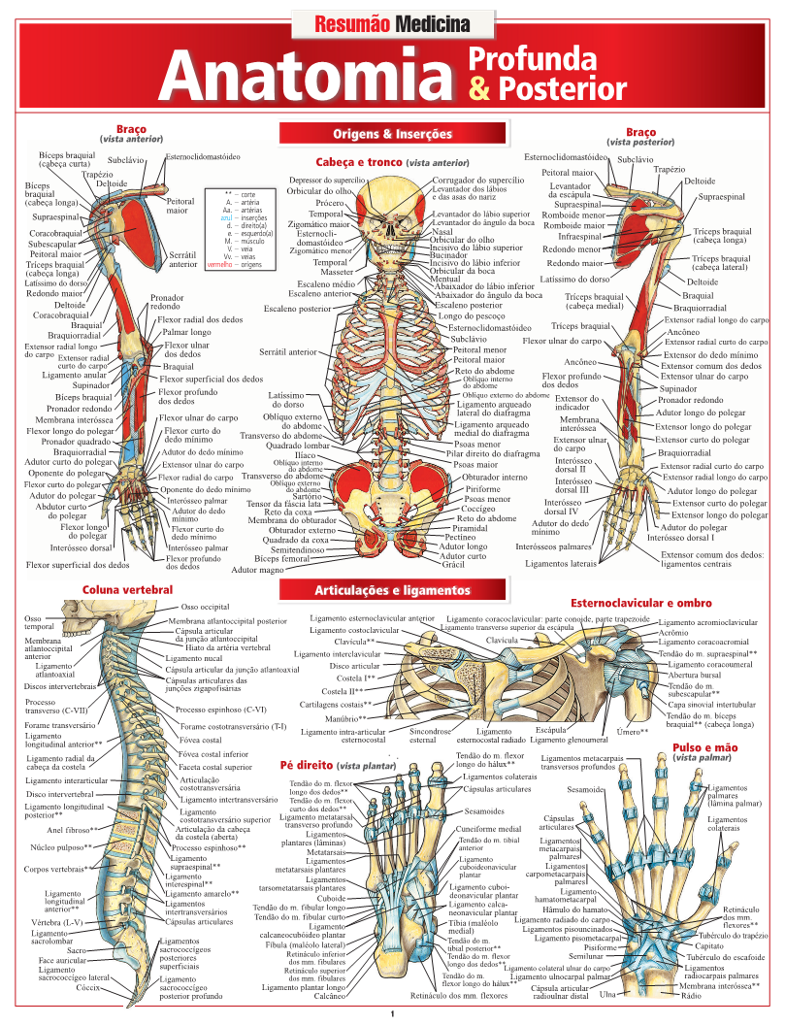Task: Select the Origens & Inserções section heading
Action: pyautogui.click(x=392, y=133)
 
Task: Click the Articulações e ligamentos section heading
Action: pyautogui.click(x=392, y=589)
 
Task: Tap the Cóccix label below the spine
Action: pyautogui.click(x=89, y=987)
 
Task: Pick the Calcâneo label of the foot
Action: pyautogui.click(x=331, y=996)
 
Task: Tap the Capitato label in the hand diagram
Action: pyautogui.click(x=710, y=945)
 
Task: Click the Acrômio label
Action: pyautogui.click(x=673, y=632)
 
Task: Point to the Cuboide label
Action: pyautogui.click(x=330, y=898)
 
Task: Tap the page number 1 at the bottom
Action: pyautogui.click(x=392, y=1014)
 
